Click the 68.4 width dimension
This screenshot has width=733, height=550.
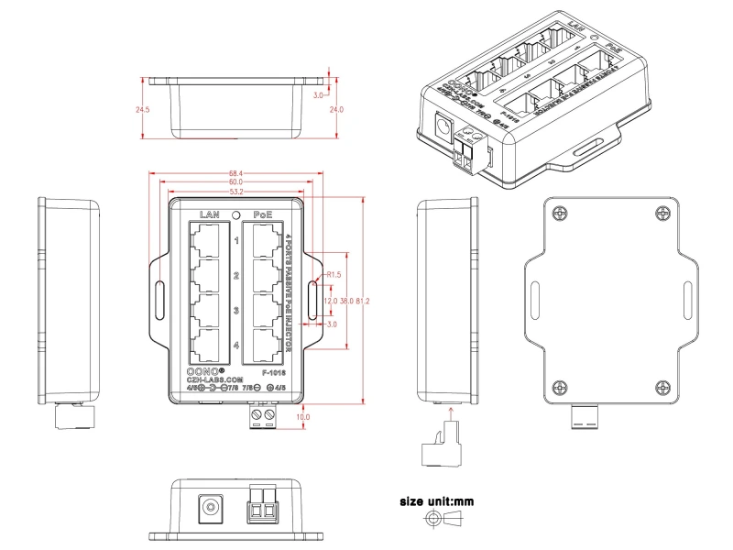pyautogui.click(x=236, y=174)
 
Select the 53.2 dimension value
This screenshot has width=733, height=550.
pyautogui.click(x=236, y=192)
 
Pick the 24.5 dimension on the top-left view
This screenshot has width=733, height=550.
pyautogui.click(x=142, y=110)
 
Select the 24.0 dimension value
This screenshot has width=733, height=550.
pyautogui.click(x=336, y=110)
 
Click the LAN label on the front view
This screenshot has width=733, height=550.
pyautogui.click(x=210, y=214)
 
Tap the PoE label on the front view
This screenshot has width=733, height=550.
pyautogui.click(x=264, y=214)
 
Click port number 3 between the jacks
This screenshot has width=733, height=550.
pyautogui.click(x=236, y=311)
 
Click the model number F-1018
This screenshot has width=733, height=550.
pyautogui.click(x=273, y=373)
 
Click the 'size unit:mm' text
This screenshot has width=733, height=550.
pyautogui.click(x=436, y=501)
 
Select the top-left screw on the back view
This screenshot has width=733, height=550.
pyautogui.click(x=559, y=213)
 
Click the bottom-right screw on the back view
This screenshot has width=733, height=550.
pyautogui.click(x=664, y=385)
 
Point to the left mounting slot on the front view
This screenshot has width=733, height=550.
pyautogui.click(x=160, y=297)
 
